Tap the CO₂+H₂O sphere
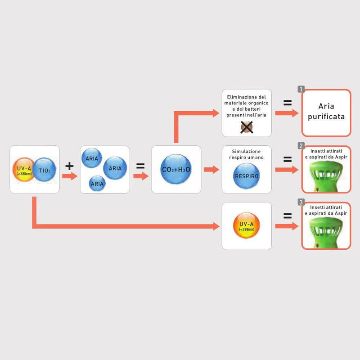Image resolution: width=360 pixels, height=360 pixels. pos(175,170)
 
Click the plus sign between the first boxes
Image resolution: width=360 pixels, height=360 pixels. pos(69,166)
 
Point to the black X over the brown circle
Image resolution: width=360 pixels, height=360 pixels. pos(247,128)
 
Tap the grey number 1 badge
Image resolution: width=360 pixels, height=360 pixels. pos(301,90)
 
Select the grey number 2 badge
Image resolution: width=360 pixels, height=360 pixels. pos(301,146)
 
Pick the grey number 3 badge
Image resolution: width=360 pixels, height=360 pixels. pos(301,203)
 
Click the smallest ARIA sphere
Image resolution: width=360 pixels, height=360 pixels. pos(97,183)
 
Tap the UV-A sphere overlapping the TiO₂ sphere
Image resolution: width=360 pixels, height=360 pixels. pos(23,169)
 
